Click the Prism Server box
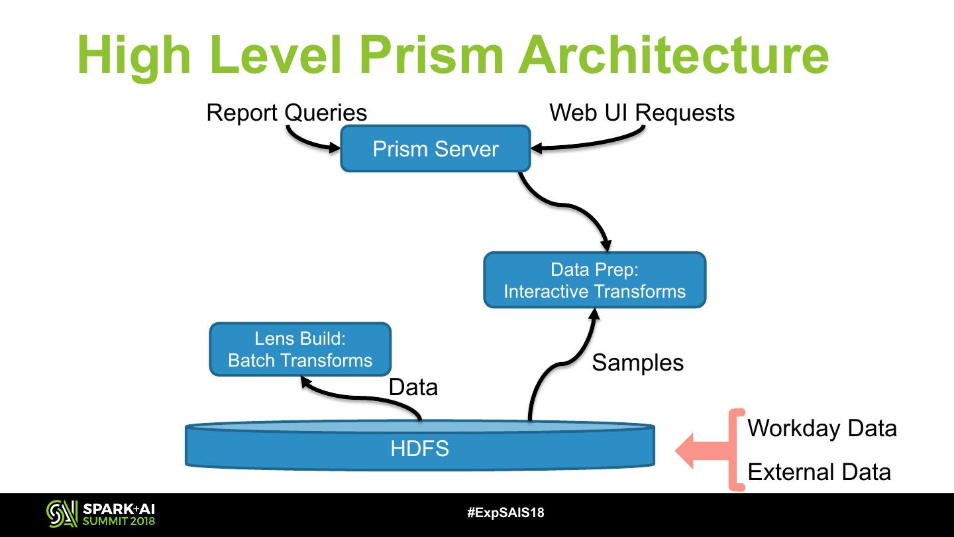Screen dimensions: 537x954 click(435, 149)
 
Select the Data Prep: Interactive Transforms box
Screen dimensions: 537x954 click(594, 280)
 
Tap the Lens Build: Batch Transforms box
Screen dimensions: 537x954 click(300, 349)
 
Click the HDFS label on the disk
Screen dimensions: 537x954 click(419, 449)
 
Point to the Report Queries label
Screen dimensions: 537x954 click(286, 113)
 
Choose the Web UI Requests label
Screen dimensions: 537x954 click(641, 113)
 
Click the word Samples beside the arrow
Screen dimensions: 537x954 click(637, 362)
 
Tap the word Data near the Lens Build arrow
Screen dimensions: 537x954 click(413, 387)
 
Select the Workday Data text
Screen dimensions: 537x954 click(821, 428)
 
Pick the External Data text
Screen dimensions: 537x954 click(819, 472)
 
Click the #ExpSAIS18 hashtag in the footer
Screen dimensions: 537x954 click(505, 512)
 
